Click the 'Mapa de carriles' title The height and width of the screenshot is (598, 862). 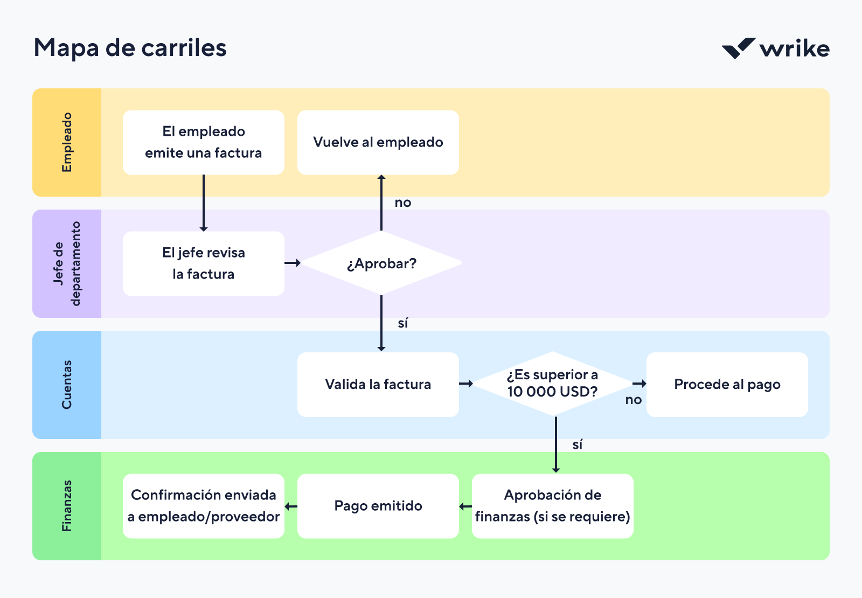[130, 48]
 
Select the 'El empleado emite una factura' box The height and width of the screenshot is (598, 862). [204, 142]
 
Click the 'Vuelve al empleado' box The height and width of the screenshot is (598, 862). [378, 142]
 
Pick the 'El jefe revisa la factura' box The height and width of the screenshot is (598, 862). [204, 263]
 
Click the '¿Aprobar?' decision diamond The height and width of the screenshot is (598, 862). [381, 263]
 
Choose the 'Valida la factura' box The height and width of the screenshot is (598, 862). [378, 384]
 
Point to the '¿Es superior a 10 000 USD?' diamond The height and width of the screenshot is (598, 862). [553, 384]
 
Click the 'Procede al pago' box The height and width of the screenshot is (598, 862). [727, 384]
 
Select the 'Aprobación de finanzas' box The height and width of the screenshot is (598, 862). [553, 506]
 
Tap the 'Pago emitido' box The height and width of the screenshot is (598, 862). [378, 506]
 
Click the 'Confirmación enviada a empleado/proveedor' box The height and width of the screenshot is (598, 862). [204, 506]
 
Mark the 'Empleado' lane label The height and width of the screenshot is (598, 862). [67, 142]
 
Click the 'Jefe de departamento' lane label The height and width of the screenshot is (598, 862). [67, 263]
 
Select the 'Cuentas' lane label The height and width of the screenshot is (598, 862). [67, 385]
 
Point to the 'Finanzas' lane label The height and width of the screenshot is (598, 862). [67, 506]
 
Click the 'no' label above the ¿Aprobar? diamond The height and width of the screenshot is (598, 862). [403, 203]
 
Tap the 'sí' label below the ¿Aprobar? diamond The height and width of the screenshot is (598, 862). [403, 323]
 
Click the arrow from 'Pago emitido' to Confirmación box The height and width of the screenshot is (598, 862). [291, 506]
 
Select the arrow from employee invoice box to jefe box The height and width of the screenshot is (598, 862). [204, 203]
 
